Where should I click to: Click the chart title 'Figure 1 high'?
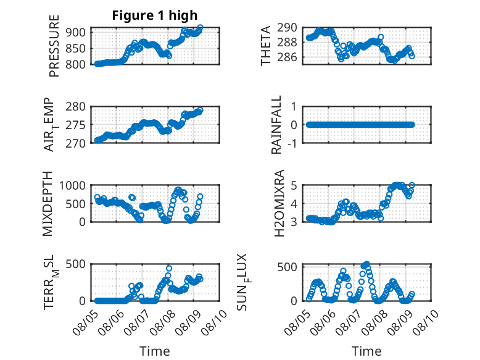pyautogui.click(x=155, y=15)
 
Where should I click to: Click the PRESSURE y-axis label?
pyautogui.click(x=54, y=46)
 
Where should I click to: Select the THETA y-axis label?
pyautogui.click(x=265, y=46)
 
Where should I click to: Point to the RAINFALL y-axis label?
pyautogui.click(x=276, y=125)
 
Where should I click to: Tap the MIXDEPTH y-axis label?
pyautogui.click(x=48, y=204)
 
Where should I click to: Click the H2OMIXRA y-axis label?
pyautogui.click(x=279, y=203)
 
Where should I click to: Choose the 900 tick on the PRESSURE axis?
pyautogui.click(x=76, y=32)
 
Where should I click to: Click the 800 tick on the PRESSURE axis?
pyautogui.click(x=76, y=64)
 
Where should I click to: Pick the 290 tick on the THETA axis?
pyautogui.click(x=287, y=28)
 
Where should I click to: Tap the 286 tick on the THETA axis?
pyautogui.click(x=287, y=57)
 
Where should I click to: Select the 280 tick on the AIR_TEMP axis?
pyautogui.click(x=76, y=107)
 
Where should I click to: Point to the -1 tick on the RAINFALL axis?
pyautogui.click(x=292, y=143)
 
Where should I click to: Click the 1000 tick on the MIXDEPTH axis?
pyautogui.click(x=72, y=185)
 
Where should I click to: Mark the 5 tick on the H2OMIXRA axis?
pyautogui.click(x=294, y=185)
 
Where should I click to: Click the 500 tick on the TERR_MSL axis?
pyautogui.click(x=76, y=264)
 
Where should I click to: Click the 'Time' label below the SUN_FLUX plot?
pyautogui.click(x=366, y=351)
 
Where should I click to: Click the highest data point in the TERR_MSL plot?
pyautogui.click(x=168, y=269)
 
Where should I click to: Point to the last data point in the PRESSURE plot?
pyautogui.click(x=200, y=28)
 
